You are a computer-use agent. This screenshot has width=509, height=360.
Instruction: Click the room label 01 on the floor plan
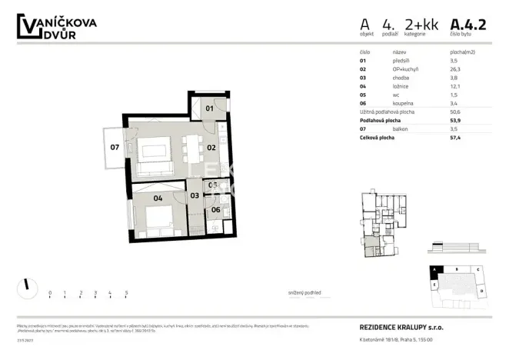coord(208,109)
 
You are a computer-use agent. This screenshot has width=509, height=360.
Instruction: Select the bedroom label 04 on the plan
coord(158,197)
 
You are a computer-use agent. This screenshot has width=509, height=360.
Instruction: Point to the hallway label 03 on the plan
coord(195,195)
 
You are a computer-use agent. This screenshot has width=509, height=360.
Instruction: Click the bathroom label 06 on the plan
coord(215,209)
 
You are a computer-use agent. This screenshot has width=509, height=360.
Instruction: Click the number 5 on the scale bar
coord(126,293)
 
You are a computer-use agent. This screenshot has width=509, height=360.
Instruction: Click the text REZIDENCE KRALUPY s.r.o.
coord(401,327)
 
